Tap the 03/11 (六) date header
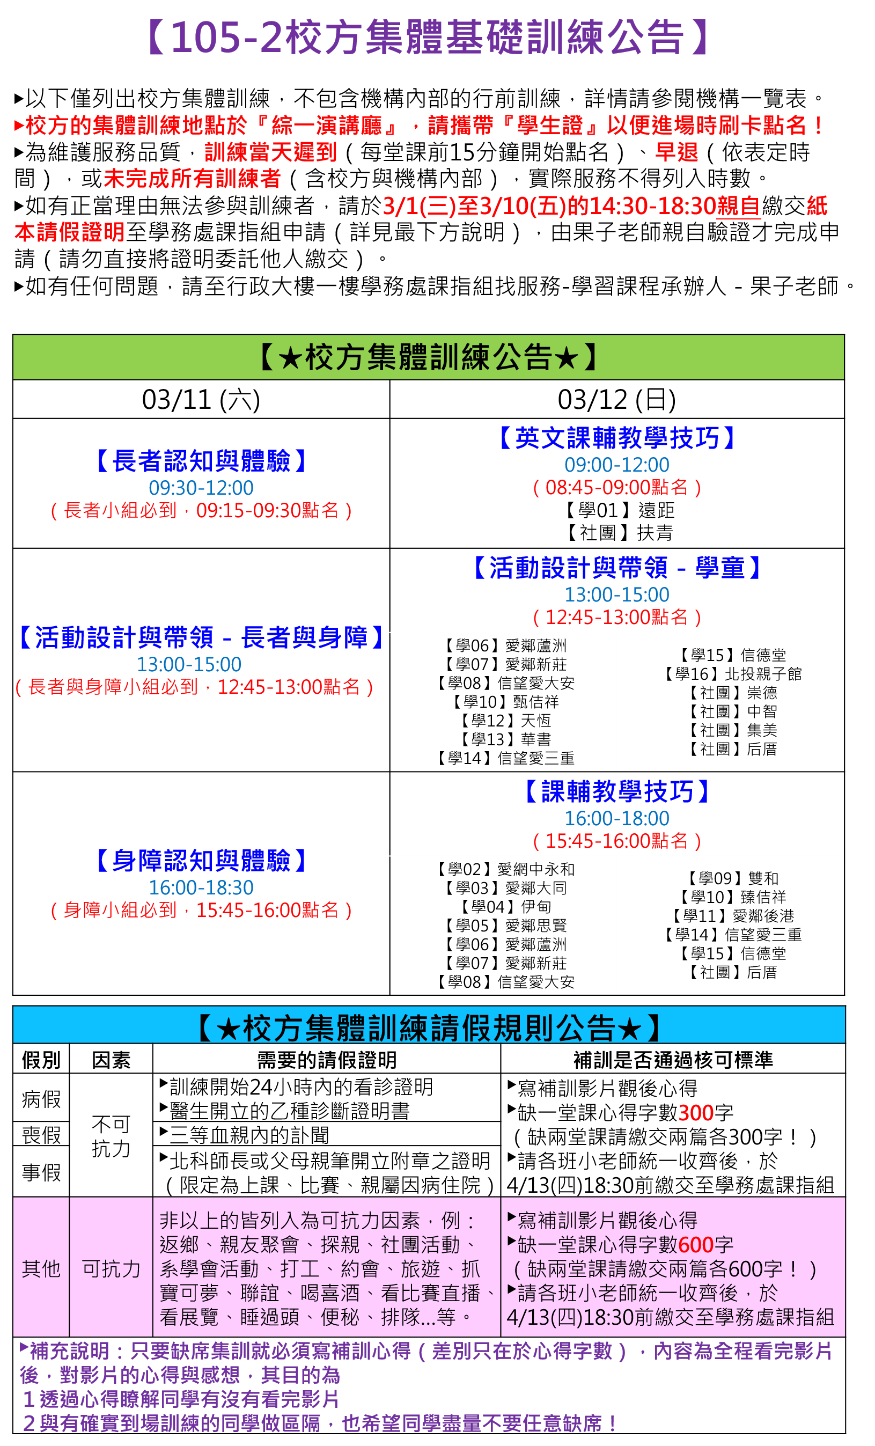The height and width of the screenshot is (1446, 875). tap(201, 400)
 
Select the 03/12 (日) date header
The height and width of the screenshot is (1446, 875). tap(617, 400)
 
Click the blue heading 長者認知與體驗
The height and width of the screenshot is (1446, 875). tap(201, 461)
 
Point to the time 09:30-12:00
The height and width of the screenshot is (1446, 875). tap(201, 488)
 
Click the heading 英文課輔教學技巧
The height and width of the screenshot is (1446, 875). tap(617, 438)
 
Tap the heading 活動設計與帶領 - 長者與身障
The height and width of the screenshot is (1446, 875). tap(201, 637)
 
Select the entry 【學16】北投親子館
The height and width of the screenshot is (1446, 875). tap(733, 674)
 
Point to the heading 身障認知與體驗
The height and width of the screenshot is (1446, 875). tap(201, 860)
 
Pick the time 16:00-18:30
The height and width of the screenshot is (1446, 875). tap(201, 887)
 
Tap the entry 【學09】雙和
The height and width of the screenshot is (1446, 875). tap(733, 878)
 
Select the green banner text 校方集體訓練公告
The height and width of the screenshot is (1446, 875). tap(429, 357)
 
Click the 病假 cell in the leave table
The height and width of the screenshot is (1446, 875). tap(41, 1099)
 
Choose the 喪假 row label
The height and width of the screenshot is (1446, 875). tap(41, 1135)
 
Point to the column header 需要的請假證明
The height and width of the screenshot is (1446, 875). tap(327, 1060)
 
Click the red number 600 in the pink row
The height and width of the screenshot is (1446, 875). tap(695, 1244)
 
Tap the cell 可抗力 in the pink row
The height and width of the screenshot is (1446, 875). tap(111, 1268)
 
